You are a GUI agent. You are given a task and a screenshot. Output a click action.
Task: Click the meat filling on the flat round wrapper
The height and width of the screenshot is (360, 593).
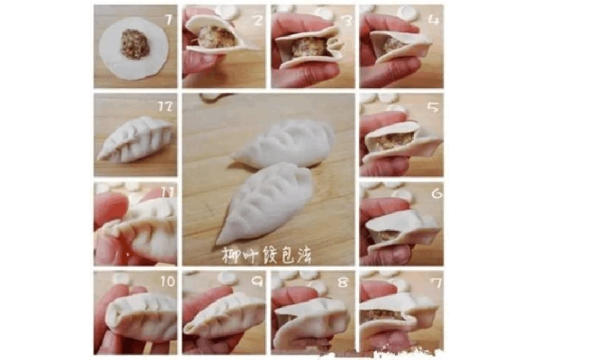pos(134,44)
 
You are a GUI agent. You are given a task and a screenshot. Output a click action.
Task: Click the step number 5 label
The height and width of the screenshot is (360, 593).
pos(432,107)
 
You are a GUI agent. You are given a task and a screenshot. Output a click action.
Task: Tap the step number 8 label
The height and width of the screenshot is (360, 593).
pos(344,282)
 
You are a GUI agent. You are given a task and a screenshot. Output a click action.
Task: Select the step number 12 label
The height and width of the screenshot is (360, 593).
pos(166,107)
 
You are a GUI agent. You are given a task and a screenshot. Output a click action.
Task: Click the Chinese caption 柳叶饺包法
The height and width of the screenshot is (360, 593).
pos(267,256)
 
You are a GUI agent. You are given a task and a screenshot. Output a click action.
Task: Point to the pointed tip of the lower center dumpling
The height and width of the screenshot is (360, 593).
pos(219,242)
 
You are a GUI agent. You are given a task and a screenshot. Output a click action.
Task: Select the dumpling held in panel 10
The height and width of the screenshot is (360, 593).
pos(141,317)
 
